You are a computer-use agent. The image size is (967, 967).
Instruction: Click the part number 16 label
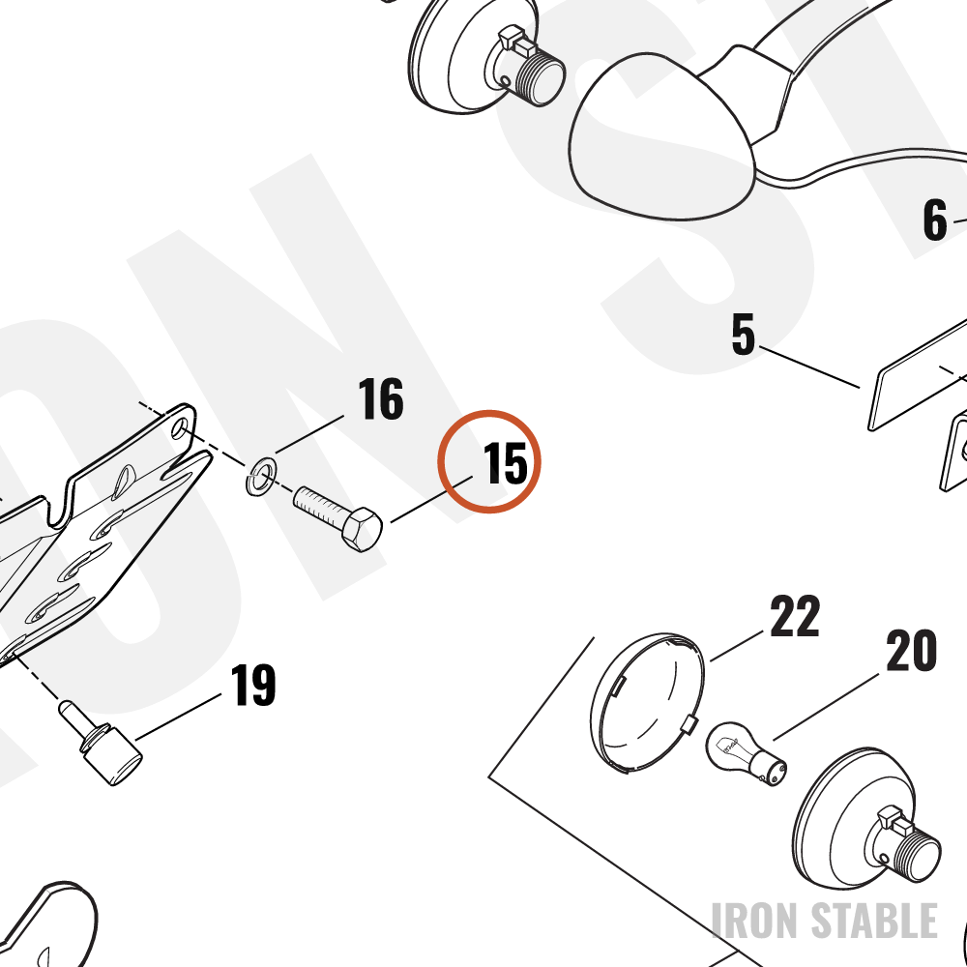point(380,398)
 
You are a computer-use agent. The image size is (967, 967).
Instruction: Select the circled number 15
point(505,462)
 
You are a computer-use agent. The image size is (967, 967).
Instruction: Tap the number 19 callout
point(252,685)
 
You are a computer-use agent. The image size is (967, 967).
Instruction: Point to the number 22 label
point(795,615)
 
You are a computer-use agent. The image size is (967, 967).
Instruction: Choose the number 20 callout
point(912,650)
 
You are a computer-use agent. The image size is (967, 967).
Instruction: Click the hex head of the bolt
point(362,529)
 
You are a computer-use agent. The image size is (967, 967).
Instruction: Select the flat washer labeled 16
point(261,476)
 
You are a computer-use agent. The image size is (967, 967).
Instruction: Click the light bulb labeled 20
point(746,754)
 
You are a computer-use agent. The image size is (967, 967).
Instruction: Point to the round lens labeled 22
point(646,702)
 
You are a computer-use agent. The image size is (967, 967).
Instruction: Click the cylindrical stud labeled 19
point(100,743)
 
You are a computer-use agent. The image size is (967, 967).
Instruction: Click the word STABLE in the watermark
point(874,921)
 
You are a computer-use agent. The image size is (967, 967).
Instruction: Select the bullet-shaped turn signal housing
point(663,135)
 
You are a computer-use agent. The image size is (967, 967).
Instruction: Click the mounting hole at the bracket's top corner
point(180,427)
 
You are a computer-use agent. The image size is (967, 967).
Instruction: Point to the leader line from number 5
point(809,366)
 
